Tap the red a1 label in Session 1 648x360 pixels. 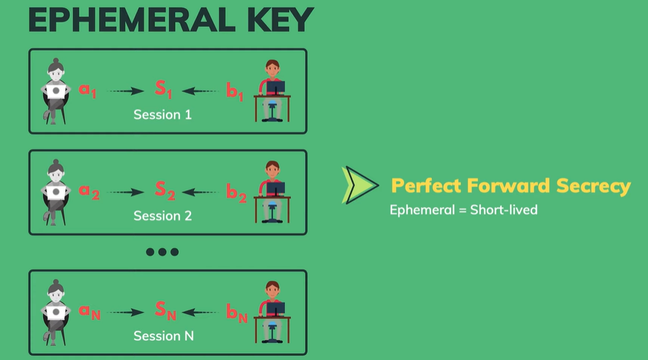tap(88, 91)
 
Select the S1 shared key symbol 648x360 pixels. tap(163, 89)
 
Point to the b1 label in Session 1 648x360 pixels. tap(234, 92)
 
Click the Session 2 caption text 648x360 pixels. tap(162, 216)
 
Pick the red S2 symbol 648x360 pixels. tap(164, 190)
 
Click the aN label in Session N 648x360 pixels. tap(89, 312)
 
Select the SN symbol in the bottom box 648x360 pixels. tap(165, 310)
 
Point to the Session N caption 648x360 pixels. tap(164, 336)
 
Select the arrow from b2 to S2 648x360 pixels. tap(199, 193)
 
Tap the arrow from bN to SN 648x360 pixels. tap(199, 312)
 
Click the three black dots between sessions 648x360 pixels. tap(162, 252)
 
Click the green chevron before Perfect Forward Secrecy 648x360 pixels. tap(360, 185)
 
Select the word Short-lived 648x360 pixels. tap(504, 210)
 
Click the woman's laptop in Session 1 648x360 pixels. tap(56, 92)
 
